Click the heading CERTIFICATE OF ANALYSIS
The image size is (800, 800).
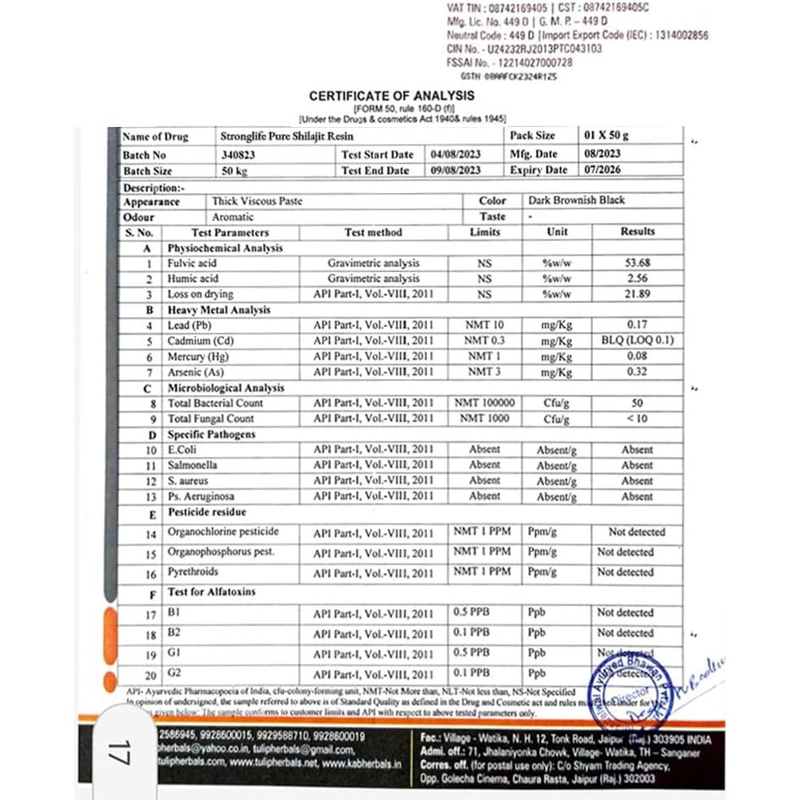[x=392, y=96]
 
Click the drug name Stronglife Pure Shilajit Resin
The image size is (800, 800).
[x=287, y=136]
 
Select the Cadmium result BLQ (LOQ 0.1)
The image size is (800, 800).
[x=637, y=341]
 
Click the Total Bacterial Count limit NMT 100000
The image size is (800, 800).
[x=486, y=402]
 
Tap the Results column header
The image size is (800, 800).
[x=637, y=231]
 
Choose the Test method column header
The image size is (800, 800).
[x=373, y=232]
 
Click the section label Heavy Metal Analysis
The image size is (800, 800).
[x=219, y=310]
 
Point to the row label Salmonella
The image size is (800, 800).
[x=192, y=465]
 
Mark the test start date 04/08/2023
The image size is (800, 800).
[x=456, y=154]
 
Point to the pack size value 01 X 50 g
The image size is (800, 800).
[x=607, y=136]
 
